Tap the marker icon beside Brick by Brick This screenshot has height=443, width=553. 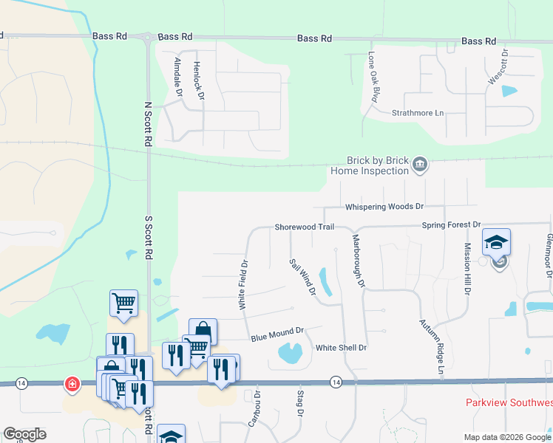[x=420, y=164]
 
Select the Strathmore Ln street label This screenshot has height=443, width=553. [x=418, y=113]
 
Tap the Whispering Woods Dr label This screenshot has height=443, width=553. [x=384, y=207]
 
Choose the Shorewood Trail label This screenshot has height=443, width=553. [x=301, y=227]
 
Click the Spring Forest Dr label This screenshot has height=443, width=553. [x=451, y=224]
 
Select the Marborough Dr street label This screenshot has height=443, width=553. [x=359, y=261]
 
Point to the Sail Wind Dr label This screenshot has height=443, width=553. [x=302, y=277]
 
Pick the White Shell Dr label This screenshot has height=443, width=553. [x=341, y=348]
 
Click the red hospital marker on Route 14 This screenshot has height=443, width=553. [x=72, y=384]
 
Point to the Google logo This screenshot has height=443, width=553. [x=24, y=434]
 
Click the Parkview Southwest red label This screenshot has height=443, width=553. [x=509, y=403]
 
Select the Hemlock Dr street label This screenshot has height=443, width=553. [x=198, y=80]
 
